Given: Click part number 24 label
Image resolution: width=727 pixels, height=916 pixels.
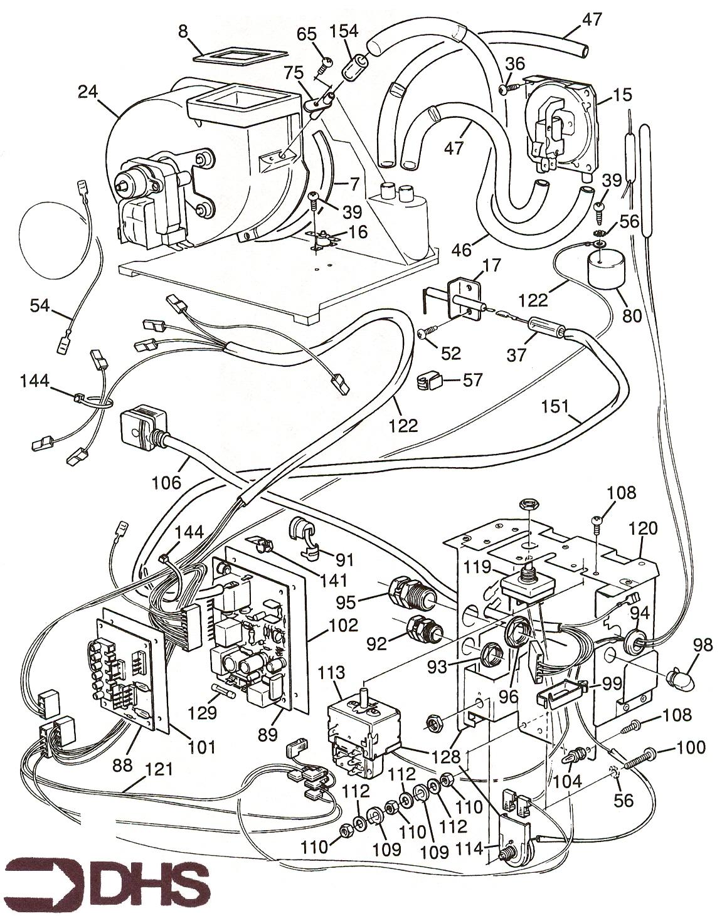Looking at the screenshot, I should pos(90,92).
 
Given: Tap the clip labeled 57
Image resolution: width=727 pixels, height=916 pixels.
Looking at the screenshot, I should pos(430,381).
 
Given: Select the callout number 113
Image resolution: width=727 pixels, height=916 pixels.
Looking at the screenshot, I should pos(331,673).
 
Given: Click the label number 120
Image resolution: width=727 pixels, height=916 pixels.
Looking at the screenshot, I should pos(644,528).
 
